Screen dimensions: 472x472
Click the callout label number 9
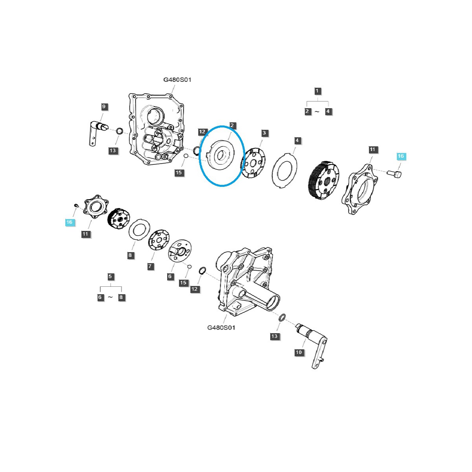pos(103,107)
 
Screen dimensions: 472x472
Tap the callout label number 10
pos(299,352)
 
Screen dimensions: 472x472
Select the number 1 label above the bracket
pos(317,91)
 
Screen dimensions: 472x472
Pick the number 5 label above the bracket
pos(111,277)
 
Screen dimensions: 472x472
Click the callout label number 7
pos(150,266)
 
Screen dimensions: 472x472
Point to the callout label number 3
pos(264,133)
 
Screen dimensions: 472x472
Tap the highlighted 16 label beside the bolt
pos(400,156)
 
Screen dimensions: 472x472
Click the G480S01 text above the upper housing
pos(177,80)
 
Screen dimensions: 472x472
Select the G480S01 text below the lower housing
pos(221,327)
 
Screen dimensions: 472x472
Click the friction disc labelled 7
pos(159,240)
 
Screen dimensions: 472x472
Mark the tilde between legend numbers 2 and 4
pos(317,112)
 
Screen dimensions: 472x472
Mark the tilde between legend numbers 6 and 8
pos(111,297)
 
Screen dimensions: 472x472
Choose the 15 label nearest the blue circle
pos(179,173)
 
